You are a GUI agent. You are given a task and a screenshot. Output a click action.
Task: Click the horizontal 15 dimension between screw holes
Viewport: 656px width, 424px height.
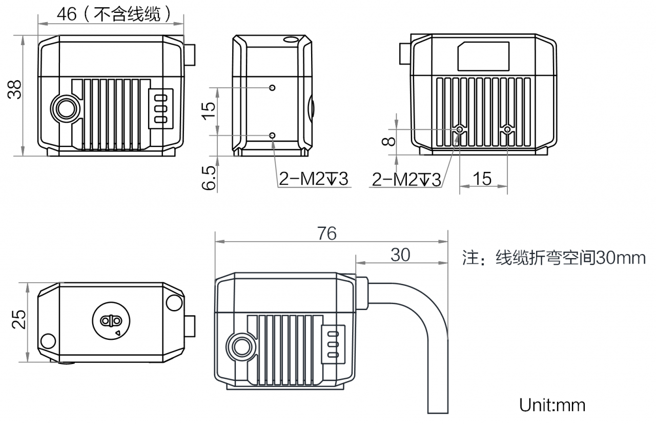[x=482, y=179]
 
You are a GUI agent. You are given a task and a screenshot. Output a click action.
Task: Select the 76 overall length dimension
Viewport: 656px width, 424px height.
[x=326, y=234]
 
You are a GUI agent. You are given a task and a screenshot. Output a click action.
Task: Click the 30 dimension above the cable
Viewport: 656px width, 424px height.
[x=400, y=255]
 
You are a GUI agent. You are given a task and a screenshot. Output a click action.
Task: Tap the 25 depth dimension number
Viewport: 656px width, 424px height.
[x=19, y=319]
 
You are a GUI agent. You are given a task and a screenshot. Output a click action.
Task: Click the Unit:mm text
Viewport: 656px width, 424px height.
[x=552, y=405]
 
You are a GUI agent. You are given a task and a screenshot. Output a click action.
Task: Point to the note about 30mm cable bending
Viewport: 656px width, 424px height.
[x=554, y=257]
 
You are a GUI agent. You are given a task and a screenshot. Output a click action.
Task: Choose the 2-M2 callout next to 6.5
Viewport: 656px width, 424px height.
[x=313, y=179]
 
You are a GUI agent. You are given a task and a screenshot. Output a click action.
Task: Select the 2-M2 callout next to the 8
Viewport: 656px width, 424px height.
[x=406, y=179]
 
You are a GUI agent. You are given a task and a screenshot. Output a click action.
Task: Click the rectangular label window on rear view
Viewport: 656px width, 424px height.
[x=483, y=56]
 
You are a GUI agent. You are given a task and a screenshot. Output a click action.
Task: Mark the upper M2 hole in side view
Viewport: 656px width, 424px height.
[x=273, y=88]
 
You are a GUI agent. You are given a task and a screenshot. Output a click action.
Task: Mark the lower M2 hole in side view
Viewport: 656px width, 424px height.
[x=273, y=135]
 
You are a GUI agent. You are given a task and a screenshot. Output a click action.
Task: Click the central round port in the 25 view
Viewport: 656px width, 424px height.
[x=111, y=321]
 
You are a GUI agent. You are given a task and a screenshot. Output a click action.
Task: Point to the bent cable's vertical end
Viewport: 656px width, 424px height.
[x=438, y=390]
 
